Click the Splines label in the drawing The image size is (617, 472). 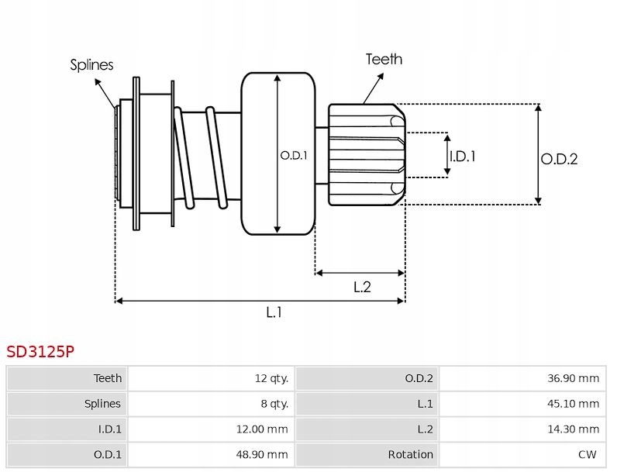point(91,65)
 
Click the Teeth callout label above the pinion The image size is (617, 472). point(384,59)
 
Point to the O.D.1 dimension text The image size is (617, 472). point(294,155)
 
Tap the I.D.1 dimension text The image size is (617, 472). point(463,156)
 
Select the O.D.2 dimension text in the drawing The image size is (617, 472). point(559,159)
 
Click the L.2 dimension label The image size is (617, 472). point(362,287)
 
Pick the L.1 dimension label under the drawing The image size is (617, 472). point(274,312)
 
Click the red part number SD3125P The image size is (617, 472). point(40,352)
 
